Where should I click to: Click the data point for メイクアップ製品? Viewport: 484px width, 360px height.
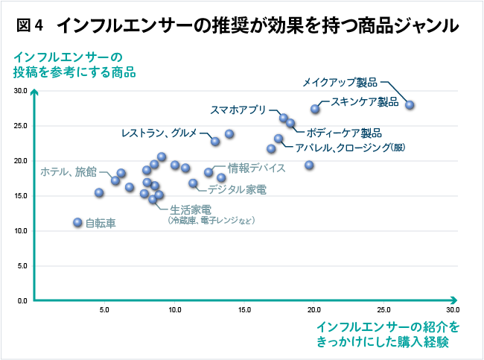(410, 105)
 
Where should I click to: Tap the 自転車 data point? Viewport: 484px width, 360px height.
(77, 222)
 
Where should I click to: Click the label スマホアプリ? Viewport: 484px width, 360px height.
(238, 110)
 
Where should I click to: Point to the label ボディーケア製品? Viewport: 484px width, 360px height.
(344, 133)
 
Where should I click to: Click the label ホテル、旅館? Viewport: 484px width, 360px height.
(68, 171)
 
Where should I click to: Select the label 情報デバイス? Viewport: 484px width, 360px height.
(257, 168)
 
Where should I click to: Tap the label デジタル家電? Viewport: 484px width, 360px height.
(237, 189)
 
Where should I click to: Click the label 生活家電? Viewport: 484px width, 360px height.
(190, 209)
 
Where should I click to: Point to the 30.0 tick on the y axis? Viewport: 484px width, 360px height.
(20, 91)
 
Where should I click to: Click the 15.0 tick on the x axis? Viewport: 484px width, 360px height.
(244, 309)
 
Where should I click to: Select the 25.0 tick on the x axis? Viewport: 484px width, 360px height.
(383, 309)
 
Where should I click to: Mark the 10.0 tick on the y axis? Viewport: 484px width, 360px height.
(20, 231)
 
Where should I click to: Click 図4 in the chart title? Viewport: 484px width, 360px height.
(31, 26)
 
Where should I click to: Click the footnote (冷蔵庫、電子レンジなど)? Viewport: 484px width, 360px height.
(211, 221)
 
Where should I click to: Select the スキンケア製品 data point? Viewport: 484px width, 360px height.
(315, 109)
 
